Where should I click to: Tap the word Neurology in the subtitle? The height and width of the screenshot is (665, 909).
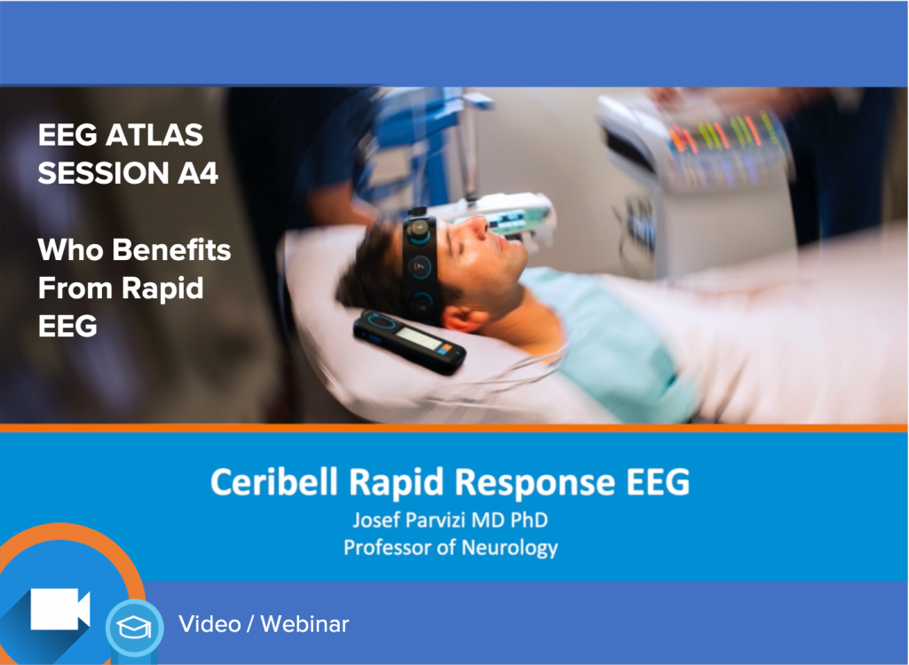(510, 546)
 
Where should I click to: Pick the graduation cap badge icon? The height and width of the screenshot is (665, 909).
(134, 628)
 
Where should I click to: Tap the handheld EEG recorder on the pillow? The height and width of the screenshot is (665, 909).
(409, 341)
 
